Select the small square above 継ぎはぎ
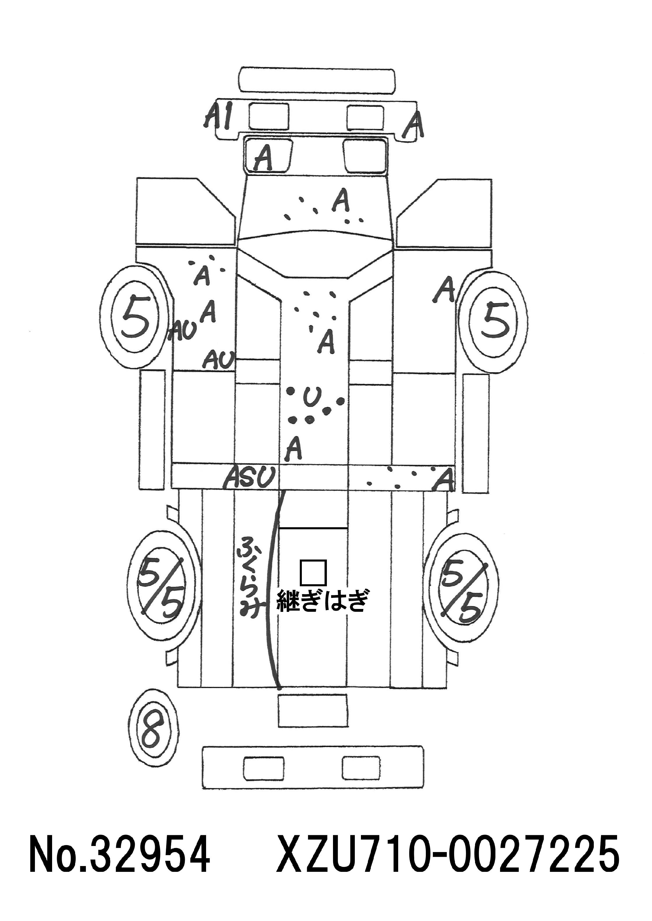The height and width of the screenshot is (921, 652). pos(313,573)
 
